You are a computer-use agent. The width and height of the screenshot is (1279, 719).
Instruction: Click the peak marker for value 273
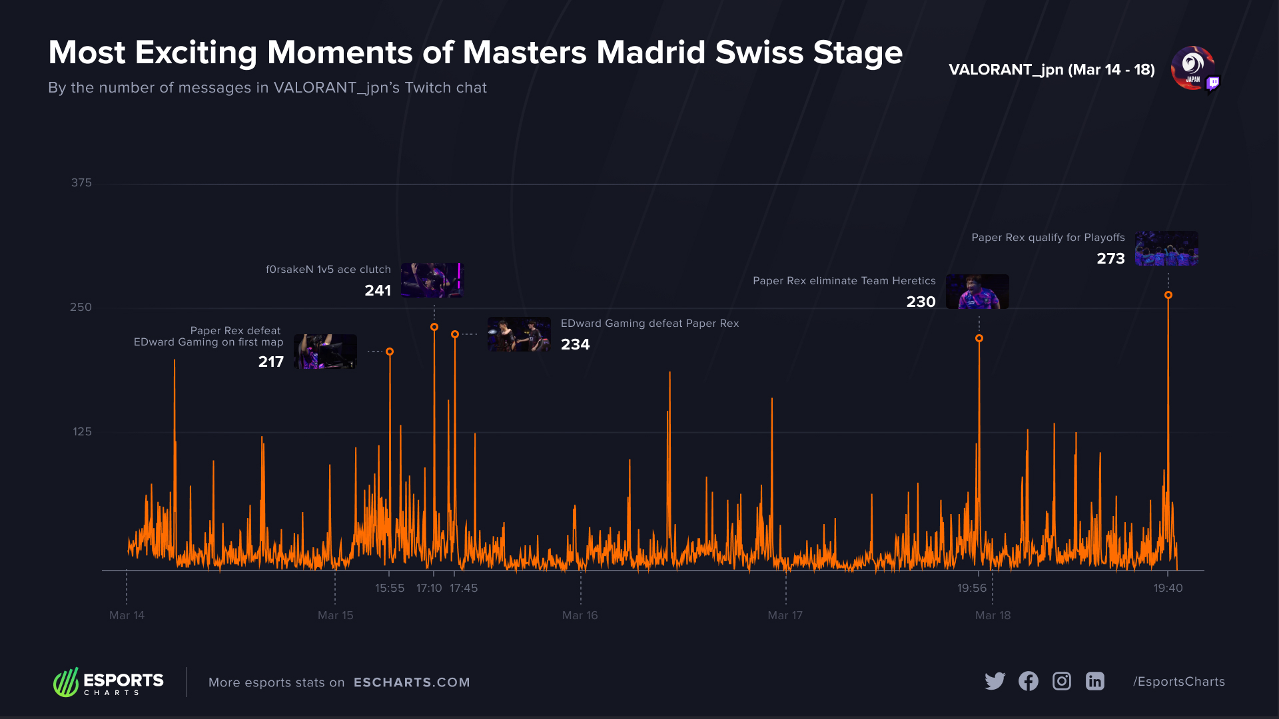click(1168, 295)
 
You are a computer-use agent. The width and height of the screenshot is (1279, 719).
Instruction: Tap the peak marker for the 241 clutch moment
click(434, 327)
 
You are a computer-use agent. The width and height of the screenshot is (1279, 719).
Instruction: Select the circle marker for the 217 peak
click(390, 352)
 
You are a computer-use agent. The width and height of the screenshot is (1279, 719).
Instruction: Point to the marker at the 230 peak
click(979, 338)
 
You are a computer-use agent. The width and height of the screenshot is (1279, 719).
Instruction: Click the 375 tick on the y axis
click(81, 183)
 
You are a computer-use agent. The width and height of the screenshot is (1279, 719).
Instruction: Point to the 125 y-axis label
click(82, 432)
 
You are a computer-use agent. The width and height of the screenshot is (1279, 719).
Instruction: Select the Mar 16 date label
click(580, 615)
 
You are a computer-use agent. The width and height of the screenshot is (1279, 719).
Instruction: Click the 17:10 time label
click(429, 588)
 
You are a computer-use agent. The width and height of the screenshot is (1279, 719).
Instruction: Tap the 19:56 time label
click(972, 588)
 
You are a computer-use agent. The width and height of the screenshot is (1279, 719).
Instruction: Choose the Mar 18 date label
click(993, 615)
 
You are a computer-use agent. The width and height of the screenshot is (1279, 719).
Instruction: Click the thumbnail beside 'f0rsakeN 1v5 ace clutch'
click(432, 280)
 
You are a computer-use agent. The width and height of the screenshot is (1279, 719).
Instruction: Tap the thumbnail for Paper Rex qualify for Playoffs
click(1166, 248)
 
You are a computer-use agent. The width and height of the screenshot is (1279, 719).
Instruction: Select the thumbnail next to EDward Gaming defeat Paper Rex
click(519, 334)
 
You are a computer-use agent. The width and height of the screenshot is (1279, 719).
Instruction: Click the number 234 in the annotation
click(575, 344)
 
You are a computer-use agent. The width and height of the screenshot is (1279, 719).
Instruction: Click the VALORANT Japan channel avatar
click(1192, 68)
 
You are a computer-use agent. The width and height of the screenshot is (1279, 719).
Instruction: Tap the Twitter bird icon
click(995, 681)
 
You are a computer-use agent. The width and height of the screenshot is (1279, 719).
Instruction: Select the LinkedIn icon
click(1095, 681)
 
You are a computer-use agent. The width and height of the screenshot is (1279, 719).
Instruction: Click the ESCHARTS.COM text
click(412, 682)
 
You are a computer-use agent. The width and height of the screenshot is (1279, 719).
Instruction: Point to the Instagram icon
click(1062, 681)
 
